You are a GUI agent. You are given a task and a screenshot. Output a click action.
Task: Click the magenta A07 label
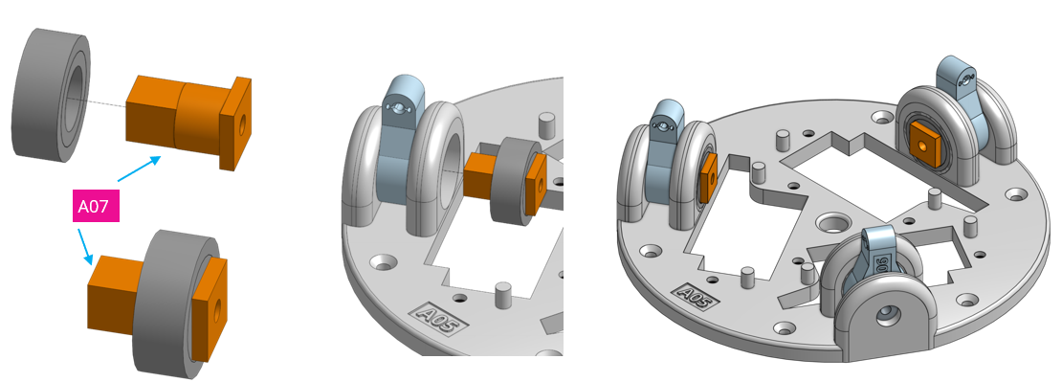(97, 206)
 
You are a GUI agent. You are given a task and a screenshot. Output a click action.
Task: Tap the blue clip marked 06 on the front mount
(876, 257)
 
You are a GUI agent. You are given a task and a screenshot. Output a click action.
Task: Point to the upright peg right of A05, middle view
(503, 294)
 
